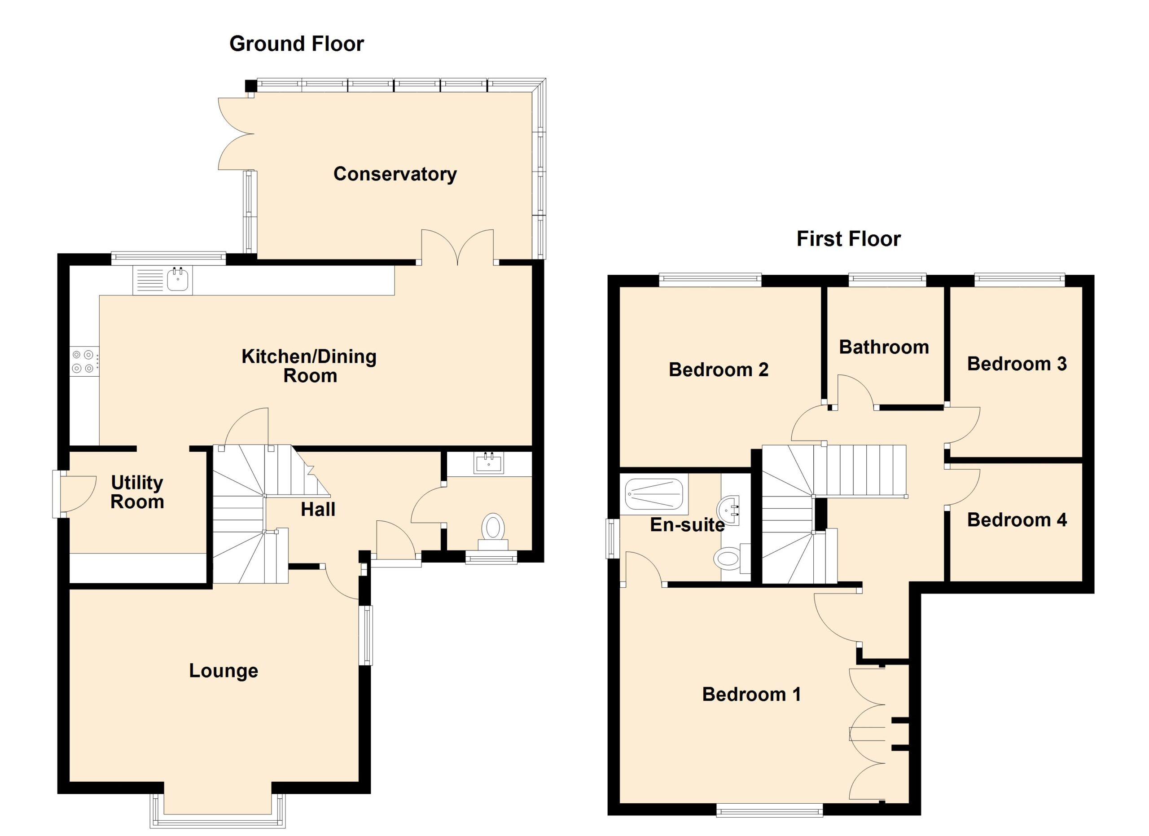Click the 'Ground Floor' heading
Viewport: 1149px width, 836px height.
click(296, 44)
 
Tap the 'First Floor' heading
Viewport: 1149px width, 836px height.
click(849, 239)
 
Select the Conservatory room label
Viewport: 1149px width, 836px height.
click(395, 174)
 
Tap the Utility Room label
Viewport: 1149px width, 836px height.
click(137, 492)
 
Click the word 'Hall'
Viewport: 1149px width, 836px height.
click(318, 509)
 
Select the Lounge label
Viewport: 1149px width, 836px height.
click(224, 671)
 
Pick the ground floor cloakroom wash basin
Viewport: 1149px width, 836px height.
click(489, 462)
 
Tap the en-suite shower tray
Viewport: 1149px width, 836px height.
click(654, 493)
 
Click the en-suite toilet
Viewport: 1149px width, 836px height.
click(732, 557)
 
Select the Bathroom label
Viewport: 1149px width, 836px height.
click(884, 347)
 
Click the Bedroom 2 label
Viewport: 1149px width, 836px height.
click(719, 370)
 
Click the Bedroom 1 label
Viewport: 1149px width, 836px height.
click(751, 694)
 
